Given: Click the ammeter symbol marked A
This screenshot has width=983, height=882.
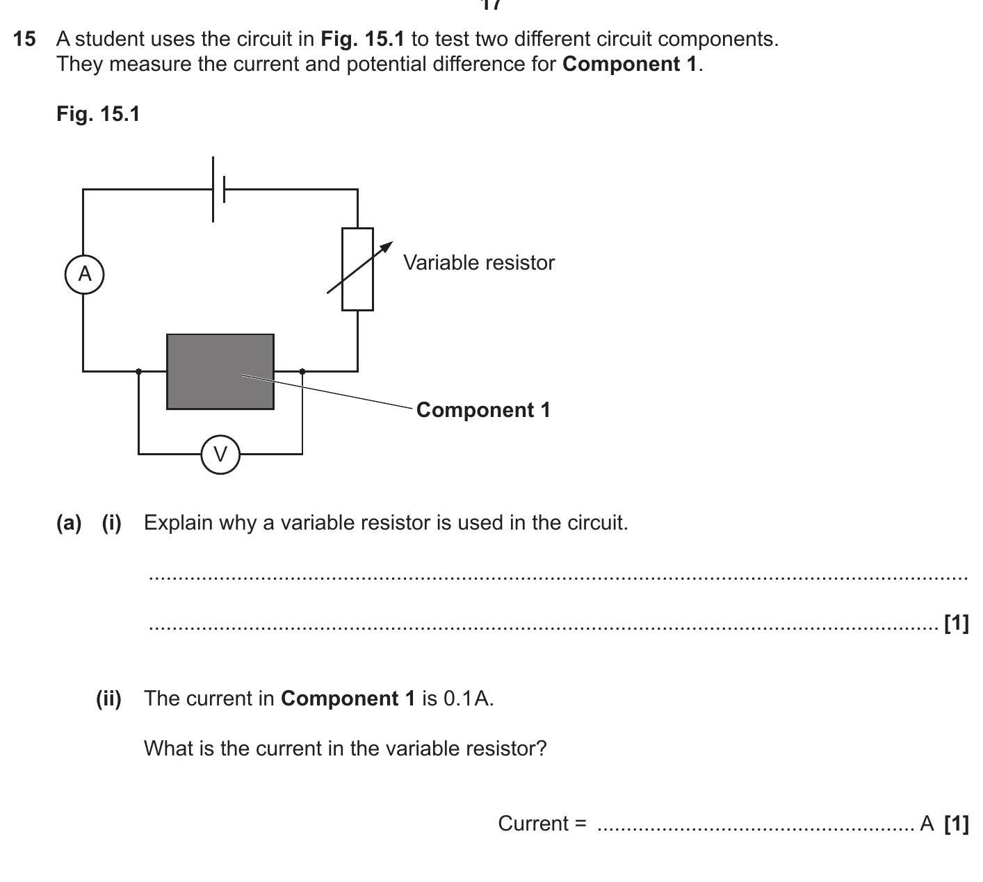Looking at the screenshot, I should coord(84,274).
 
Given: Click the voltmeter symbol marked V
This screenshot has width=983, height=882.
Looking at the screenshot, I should coord(220,454).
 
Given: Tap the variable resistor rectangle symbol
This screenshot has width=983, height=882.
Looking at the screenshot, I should coord(357,269).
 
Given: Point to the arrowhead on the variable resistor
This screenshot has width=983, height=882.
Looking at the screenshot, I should coord(387,247).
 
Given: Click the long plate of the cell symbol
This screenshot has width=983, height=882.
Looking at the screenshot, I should coord(213,189).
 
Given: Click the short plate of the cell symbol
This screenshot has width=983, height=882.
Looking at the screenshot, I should coord(224,189).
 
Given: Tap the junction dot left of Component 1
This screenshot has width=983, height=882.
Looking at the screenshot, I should coord(139,371).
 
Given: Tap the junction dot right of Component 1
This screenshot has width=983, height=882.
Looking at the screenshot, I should coord(302,371).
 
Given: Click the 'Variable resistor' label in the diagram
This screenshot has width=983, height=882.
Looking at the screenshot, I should coord(479,263).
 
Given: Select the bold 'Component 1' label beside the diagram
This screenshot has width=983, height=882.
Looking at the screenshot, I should coord(483,410).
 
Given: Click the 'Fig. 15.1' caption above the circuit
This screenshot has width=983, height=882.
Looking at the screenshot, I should coord(98,114).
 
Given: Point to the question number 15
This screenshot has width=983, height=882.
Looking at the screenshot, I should coord(24,39).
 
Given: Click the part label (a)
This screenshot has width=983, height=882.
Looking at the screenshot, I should coord(69,523).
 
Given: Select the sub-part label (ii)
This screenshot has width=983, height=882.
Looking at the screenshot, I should coord(108,699).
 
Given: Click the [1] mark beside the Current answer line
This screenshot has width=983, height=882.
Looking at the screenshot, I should coord(957,824).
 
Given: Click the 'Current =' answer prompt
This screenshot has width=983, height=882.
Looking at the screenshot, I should coord(542,824).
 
